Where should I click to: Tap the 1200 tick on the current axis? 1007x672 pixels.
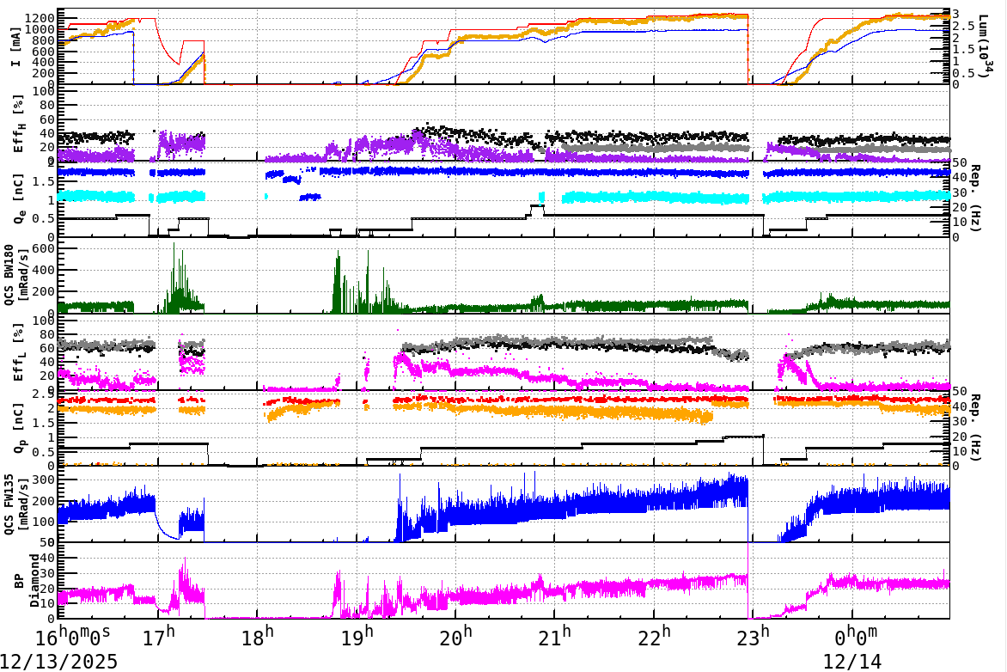tap(43, 18)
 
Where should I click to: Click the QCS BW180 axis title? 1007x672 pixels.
tap(17, 278)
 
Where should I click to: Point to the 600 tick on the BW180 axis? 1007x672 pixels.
tap(45, 248)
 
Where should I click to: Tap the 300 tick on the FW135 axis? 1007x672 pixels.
tap(45, 479)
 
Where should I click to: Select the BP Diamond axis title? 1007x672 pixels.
tap(17, 581)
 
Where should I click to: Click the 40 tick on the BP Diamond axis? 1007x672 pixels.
tap(48, 558)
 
